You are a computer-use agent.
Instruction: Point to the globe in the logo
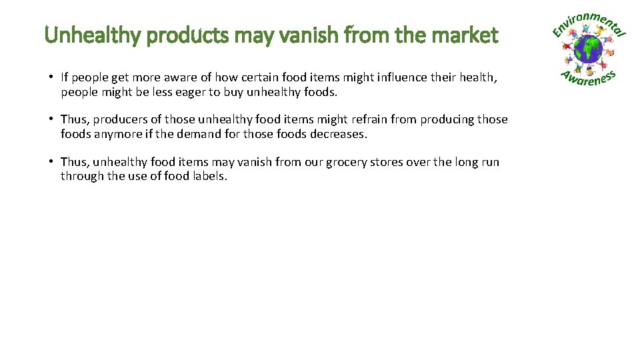(589, 49)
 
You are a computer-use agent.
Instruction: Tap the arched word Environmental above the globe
(589, 23)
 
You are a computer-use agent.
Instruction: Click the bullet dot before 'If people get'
(51, 77)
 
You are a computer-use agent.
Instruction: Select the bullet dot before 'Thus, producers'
(51, 119)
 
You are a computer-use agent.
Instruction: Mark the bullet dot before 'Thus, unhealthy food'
(51, 161)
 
